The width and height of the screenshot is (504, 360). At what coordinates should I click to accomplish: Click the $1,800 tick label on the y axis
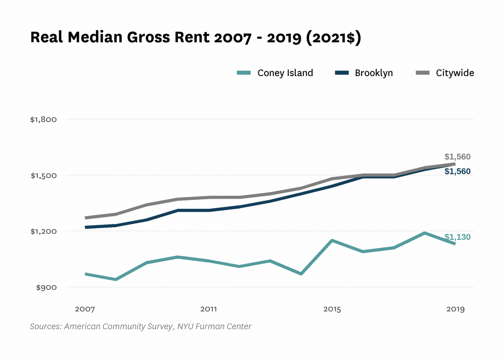point(43,120)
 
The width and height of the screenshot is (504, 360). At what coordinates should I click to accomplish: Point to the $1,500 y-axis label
point(43,176)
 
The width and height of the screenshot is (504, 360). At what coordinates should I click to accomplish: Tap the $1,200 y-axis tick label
point(43,231)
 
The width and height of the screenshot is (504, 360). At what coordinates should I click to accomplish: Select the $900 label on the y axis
point(46,288)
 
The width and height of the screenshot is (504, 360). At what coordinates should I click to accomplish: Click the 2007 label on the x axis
point(85,310)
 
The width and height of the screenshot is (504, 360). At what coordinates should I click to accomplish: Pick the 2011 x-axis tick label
point(208,310)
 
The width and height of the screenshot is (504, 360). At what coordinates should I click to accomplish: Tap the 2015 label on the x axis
point(332,310)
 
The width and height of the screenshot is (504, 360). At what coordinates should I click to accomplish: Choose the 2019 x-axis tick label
point(455,310)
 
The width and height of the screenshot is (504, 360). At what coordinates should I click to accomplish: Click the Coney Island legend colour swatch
point(244,73)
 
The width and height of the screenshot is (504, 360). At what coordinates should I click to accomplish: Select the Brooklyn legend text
point(374,73)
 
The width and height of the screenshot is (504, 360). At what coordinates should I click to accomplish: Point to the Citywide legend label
point(455,73)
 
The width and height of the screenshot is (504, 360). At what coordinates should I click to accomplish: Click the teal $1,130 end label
point(457,237)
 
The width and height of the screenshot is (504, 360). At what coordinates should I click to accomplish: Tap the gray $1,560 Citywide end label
point(457,157)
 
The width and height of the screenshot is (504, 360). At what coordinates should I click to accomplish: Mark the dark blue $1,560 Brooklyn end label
point(457,171)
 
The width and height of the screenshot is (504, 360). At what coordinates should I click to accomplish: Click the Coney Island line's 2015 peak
point(332,241)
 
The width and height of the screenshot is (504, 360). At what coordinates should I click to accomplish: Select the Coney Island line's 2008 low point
point(115,279)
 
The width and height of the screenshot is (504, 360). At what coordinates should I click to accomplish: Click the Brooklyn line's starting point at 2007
point(85,227)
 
